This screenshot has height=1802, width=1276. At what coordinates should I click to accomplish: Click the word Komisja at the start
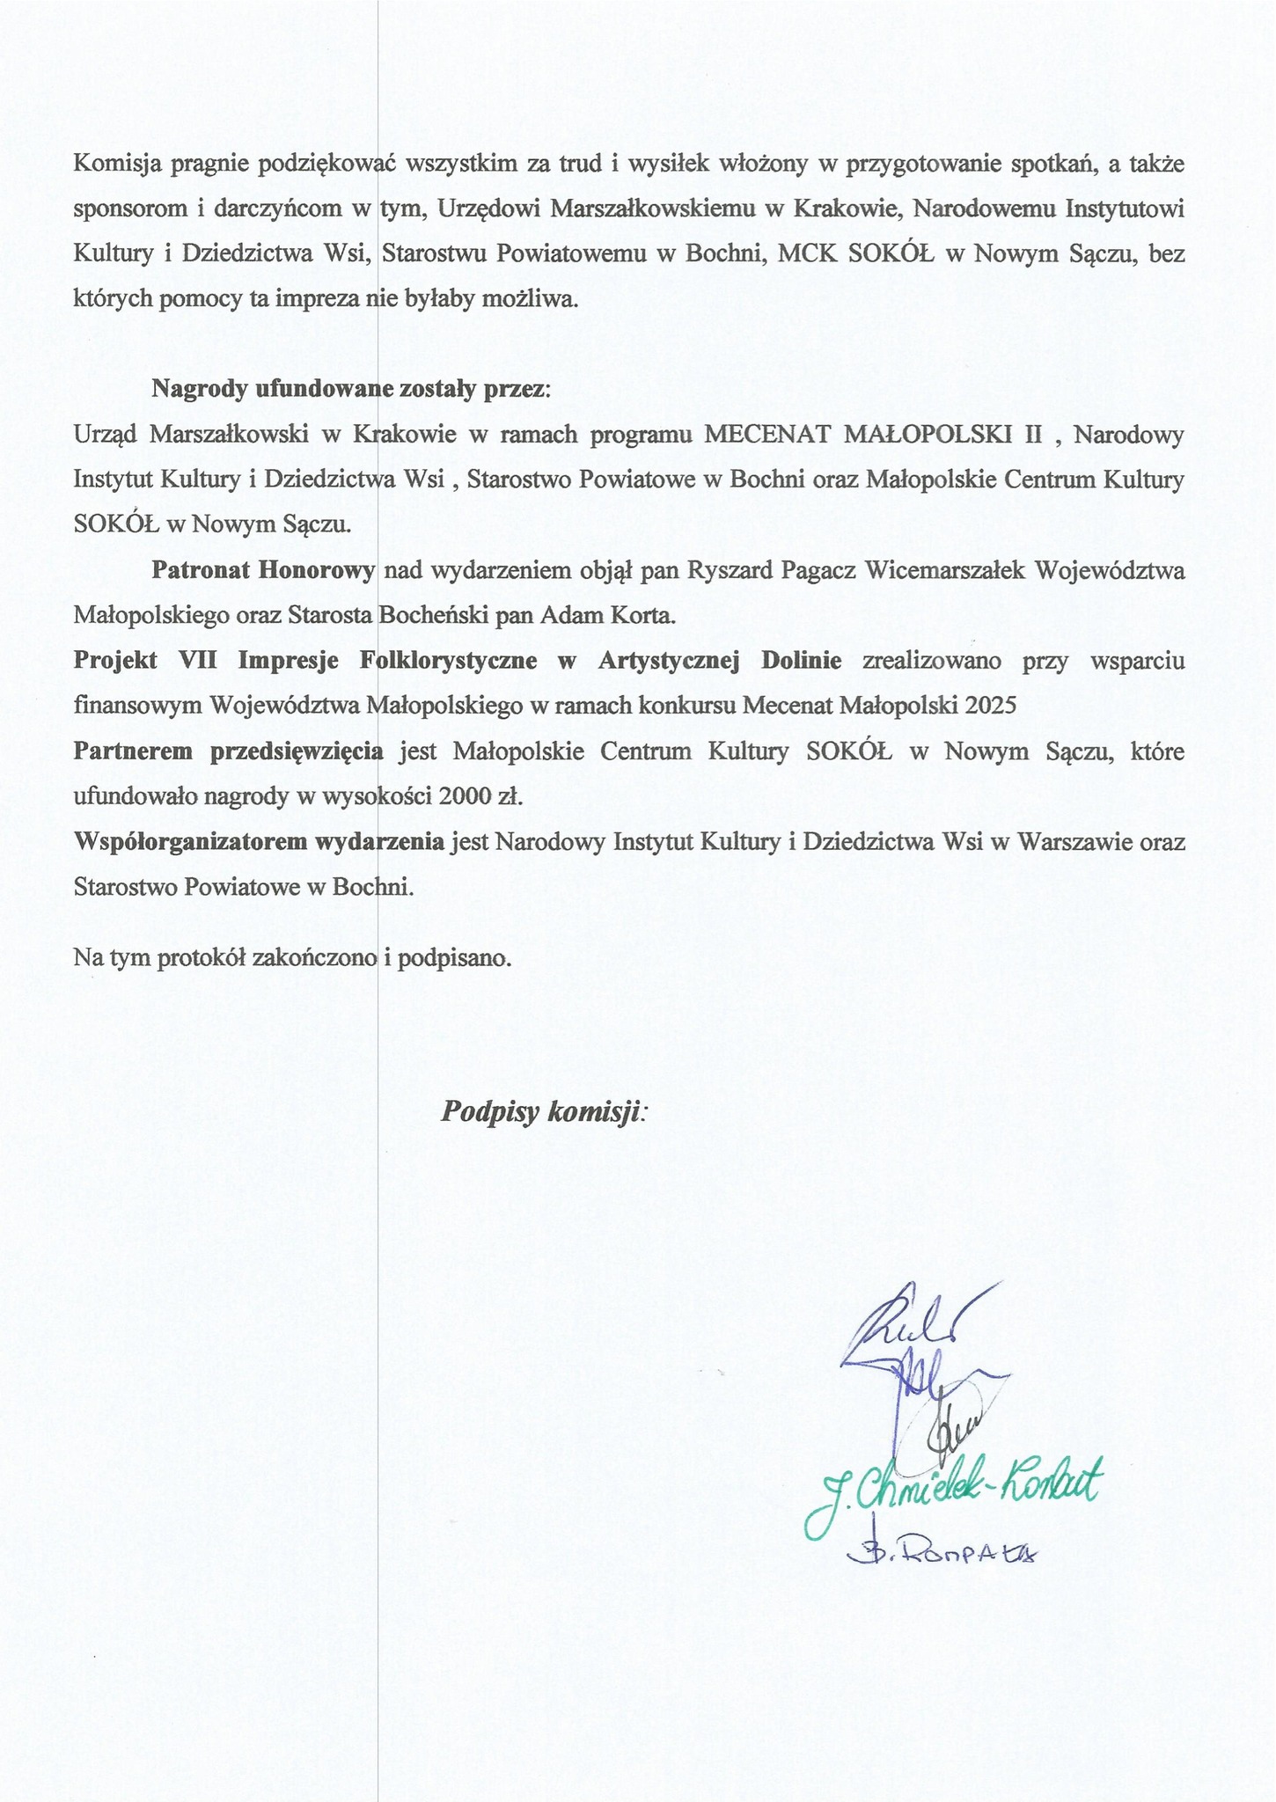click(x=114, y=164)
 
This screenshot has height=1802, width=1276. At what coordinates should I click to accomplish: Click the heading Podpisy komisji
click(x=543, y=1111)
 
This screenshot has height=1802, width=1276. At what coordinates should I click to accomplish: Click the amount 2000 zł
click(x=480, y=797)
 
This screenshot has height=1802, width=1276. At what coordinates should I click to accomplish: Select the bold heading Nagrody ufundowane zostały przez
click(x=350, y=389)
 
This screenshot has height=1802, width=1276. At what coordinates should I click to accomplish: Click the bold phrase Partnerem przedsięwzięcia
click(x=229, y=751)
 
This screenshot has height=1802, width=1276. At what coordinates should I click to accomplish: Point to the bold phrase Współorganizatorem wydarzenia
click(x=259, y=842)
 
